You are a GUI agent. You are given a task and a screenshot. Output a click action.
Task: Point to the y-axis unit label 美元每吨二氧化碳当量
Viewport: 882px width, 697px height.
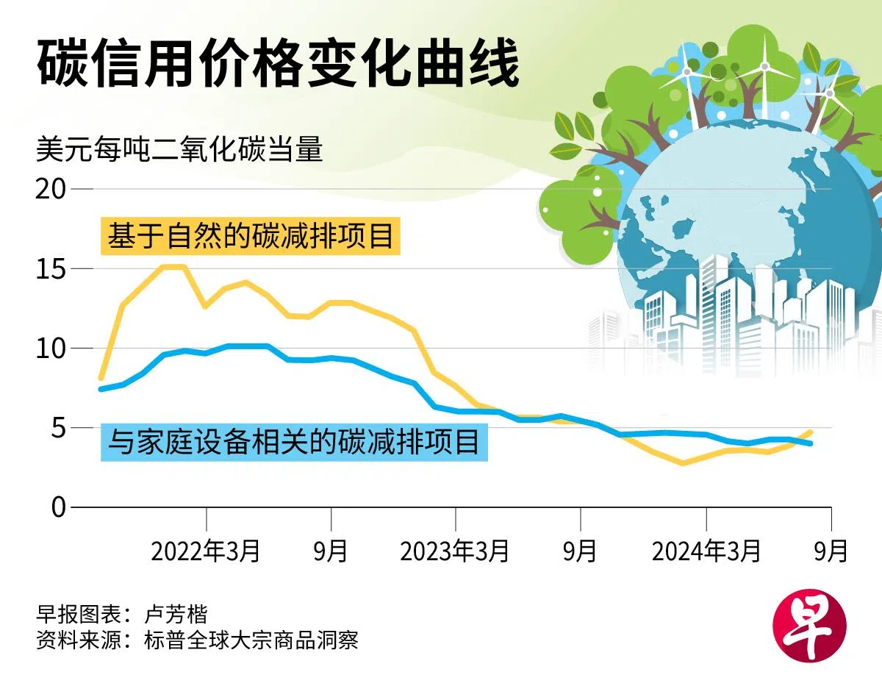pos(179,150)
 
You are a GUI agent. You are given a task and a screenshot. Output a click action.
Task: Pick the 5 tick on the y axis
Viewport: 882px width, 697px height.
pos(58,427)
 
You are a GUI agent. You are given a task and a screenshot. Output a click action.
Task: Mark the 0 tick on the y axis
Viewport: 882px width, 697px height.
pos(58,507)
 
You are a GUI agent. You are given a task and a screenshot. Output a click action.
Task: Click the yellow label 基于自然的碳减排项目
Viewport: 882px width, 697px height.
pos(251,236)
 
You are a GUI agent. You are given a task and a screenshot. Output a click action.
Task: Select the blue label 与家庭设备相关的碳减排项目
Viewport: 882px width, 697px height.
pos(294,443)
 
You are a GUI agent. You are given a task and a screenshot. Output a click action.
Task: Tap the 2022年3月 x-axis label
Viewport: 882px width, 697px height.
pos(206,551)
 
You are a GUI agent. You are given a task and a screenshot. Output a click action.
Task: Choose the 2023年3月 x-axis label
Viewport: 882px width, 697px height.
pos(455,551)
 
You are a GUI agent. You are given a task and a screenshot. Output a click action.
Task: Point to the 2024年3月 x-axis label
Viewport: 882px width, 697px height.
pos(706,551)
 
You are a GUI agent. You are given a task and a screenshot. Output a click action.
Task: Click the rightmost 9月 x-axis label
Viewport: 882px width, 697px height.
pos(831,551)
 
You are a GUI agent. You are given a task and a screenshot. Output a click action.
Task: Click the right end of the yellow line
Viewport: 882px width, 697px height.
pos(811,432)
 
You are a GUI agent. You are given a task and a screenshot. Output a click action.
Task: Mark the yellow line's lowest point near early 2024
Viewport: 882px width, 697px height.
pos(683,464)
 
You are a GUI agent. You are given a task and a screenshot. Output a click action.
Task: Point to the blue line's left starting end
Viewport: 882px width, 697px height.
pos(101,389)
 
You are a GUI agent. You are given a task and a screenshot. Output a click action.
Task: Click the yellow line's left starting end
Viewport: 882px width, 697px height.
pos(101,378)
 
